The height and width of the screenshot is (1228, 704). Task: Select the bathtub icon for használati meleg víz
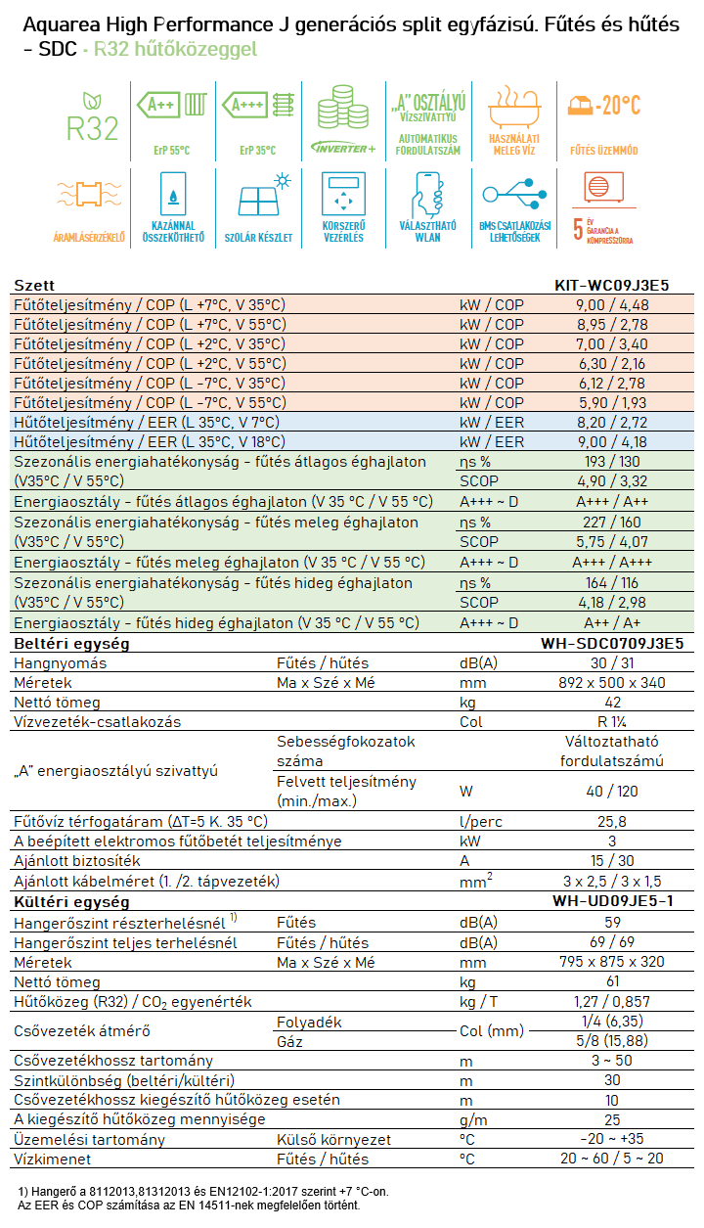pyautogui.click(x=514, y=107)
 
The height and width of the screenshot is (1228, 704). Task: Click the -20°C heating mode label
pyautogui.click(x=603, y=105)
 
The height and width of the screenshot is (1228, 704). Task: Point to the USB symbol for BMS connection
pyautogui.click(x=514, y=194)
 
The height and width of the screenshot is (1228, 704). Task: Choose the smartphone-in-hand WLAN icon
pyautogui.click(x=428, y=194)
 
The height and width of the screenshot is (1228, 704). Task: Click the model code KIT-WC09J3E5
pyautogui.click(x=612, y=285)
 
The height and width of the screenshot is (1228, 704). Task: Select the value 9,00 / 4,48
pyautogui.click(x=612, y=305)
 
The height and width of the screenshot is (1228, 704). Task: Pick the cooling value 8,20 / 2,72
pyautogui.click(x=612, y=422)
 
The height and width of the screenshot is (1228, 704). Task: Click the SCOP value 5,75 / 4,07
pyautogui.click(x=612, y=542)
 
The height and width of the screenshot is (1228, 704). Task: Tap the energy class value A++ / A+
pyautogui.click(x=612, y=622)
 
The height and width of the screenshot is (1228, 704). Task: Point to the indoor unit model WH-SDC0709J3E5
pyautogui.click(x=612, y=643)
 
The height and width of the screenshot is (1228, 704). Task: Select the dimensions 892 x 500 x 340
pyautogui.click(x=612, y=683)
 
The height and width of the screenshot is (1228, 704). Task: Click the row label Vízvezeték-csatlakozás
pyautogui.click(x=97, y=721)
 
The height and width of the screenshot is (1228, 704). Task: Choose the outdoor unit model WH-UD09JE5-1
pyautogui.click(x=612, y=901)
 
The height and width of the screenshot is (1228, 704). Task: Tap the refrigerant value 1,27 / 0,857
pyautogui.click(x=612, y=1002)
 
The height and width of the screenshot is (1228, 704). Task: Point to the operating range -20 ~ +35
pyautogui.click(x=612, y=1139)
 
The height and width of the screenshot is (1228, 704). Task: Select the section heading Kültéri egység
pyautogui.click(x=71, y=902)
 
